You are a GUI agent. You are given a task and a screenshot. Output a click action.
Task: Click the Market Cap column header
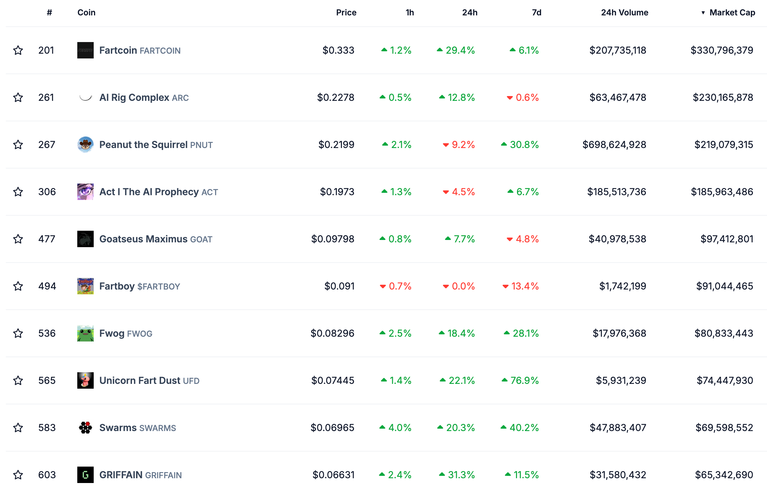coord(732,13)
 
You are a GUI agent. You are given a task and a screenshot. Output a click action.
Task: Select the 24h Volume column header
coord(624,13)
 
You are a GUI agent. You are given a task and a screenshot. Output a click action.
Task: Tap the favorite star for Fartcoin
coord(18,51)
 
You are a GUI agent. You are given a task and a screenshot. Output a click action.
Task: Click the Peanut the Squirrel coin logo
coord(85,145)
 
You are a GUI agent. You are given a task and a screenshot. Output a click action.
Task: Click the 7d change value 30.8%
coord(524,145)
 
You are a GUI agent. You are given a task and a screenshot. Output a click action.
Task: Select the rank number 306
coord(47,192)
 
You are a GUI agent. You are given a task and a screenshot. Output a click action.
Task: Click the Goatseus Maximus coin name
coord(143,239)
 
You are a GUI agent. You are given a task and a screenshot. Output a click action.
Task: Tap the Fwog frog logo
coord(85,333)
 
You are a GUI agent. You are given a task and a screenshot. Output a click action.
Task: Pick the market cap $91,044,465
coord(724,286)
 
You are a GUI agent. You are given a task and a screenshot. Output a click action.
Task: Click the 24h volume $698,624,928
coord(614,145)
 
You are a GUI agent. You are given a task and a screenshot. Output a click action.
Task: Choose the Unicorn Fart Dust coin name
coord(140,380)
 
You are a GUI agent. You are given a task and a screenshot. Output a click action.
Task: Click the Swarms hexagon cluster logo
coord(85,428)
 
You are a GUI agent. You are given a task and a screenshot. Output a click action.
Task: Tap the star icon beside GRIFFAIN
coord(18,475)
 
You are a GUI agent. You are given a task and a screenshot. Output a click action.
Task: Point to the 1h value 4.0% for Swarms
coord(399,428)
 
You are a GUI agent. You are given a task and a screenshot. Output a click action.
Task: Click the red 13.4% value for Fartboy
coord(525,286)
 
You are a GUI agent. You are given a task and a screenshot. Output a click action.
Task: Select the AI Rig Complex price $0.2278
coord(335,98)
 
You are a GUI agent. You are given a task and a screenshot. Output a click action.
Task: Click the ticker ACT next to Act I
coord(210,192)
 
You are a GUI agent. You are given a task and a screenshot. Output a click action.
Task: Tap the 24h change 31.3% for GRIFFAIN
coord(461,475)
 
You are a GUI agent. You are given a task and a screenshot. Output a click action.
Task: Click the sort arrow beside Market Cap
coord(703,13)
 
